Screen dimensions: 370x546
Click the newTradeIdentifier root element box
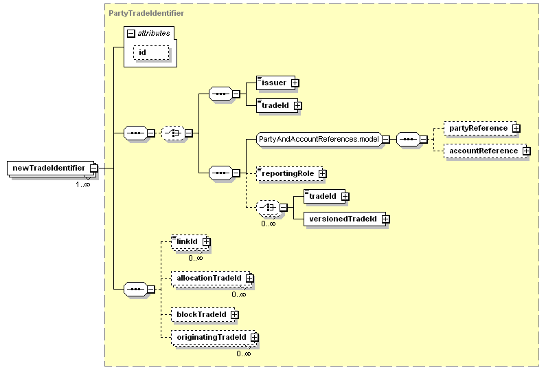48,168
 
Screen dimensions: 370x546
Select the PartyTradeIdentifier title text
146,13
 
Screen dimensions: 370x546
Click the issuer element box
274,83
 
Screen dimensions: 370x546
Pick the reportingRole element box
286,174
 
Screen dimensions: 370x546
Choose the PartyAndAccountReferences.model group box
319,139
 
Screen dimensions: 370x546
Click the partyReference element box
478,128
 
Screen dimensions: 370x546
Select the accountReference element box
484,151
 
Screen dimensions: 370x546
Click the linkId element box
186,242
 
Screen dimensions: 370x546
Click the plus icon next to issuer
295,83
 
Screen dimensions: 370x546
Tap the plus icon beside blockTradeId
234,314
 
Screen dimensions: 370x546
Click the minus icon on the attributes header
130,32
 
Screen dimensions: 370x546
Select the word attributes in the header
154,32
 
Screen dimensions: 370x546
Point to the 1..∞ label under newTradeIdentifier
82,184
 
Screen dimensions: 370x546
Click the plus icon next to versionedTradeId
385,219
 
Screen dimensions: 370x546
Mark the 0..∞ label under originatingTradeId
244,353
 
